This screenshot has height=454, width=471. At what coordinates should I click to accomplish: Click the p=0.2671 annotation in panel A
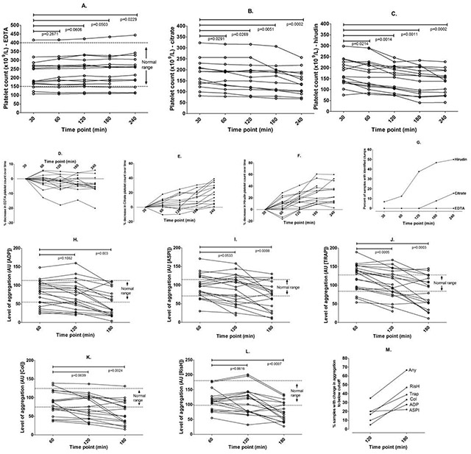tap(52, 34)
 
